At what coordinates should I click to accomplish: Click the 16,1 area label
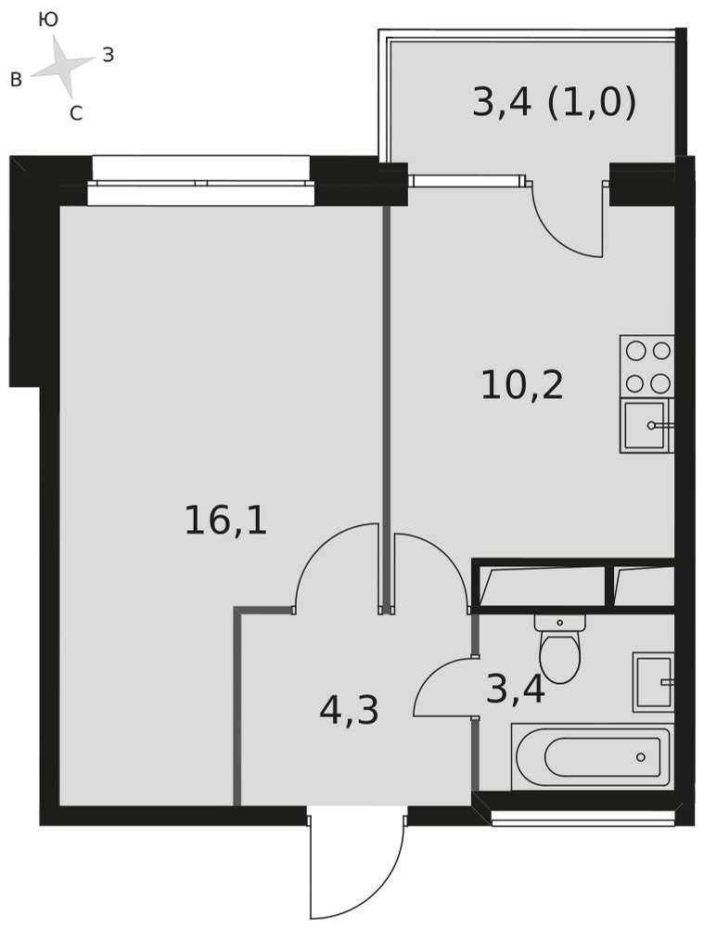[x=226, y=521]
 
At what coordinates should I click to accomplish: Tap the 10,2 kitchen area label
[x=522, y=385]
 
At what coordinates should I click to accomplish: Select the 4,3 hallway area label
[x=349, y=711]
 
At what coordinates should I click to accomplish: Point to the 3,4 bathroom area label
[x=516, y=690]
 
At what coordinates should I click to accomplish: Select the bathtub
[x=591, y=757]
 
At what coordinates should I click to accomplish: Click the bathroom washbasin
[x=654, y=682]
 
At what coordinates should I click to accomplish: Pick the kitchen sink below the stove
[x=646, y=426]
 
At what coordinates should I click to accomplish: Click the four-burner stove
[x=647, y=367]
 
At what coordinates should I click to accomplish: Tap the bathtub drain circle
[x=641, y=757]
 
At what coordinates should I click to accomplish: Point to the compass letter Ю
[x=48, y=20]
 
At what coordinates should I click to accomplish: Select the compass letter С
[x=76, y=112]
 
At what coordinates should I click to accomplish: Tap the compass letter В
[x=17, y=80]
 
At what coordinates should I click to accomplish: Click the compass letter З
[x=109, y=55]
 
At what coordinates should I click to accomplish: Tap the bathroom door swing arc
[x=425, y=675]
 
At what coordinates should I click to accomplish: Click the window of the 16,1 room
[x=201, y=181]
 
